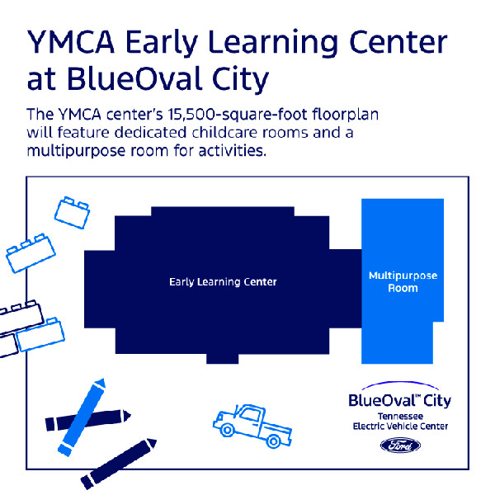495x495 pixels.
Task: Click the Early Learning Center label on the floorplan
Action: pyautogui.click(x=223, y=282)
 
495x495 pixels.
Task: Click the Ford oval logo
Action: pyautogui.click(x=400, y=445)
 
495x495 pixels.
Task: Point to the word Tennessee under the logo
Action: pyautogui.click(x=400, y=416)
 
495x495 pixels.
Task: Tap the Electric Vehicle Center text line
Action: pyautogui.click(x=400, y=427)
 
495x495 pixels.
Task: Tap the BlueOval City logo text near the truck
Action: pyautogui.click(x=400, y=400)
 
